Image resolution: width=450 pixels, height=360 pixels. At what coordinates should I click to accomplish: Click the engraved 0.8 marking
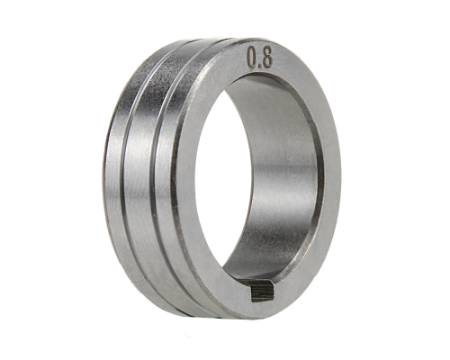(259, 58)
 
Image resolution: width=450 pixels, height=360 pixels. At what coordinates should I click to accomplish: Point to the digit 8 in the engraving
(266, 57)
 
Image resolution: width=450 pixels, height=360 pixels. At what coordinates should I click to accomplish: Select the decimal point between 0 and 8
(259, 65)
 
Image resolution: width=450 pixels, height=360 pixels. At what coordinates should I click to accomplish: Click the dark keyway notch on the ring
(263, 292)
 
